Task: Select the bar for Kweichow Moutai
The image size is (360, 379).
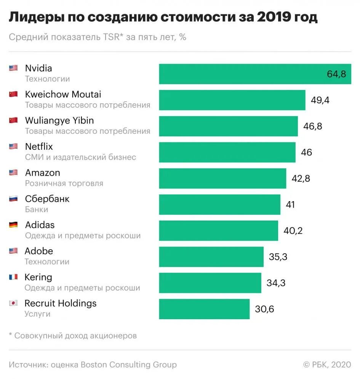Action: (x=232, y=100)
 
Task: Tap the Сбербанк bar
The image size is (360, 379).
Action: (x=219, y=205)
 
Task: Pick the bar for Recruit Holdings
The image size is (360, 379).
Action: (x=204, y=309)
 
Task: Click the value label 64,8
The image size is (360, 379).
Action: (x=336, y=74)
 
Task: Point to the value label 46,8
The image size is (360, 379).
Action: (x=312, y=126)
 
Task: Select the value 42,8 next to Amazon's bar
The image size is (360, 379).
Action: (x=301, y=179)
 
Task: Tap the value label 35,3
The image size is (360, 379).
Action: (x=278, y=257)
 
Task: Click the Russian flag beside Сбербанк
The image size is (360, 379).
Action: (x=13, y=198)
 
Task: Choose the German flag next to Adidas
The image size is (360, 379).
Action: (x=13, y=225)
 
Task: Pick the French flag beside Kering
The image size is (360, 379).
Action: (x=13, y=277)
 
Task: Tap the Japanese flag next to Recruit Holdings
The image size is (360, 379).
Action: (x=13, y=303)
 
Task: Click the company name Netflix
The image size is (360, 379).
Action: (x=39, y=146)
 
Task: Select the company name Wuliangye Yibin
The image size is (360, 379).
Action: (x=59, y=120)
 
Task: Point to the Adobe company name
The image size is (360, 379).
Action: (x=39, y=251)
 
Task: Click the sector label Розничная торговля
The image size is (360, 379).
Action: (x=64, y=183)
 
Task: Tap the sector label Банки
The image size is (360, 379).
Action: (x=37, y=209)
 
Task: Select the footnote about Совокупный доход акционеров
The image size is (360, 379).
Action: (x=73, y=336)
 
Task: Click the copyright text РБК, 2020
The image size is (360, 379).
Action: (x=327, y=365)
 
